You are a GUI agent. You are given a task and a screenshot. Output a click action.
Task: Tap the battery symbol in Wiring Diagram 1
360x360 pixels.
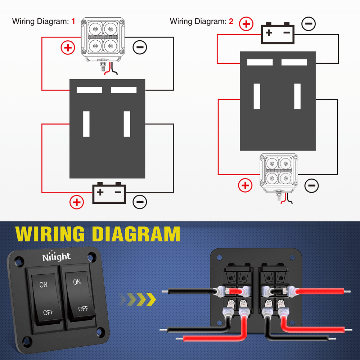[x=109, y=193]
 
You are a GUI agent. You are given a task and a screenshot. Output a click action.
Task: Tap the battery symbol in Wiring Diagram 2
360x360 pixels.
[x=277, y=33]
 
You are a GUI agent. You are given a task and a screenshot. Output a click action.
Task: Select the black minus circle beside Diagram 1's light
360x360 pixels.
[x=140, y=47]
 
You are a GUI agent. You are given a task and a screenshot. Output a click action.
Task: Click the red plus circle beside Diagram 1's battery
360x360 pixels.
[x=77, y=202]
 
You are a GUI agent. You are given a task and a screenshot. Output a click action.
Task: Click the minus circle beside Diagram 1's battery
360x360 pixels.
[x=140, y=202]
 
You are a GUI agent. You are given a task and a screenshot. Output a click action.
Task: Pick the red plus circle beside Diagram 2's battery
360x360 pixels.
[x=246, y=24]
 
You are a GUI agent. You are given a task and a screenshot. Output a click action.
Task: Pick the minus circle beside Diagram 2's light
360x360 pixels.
[x=312, y=186]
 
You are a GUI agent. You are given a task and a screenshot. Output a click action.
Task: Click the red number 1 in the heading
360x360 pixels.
[x=73, y=21]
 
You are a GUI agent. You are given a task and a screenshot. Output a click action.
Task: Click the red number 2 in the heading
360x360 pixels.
[x=231, y=21]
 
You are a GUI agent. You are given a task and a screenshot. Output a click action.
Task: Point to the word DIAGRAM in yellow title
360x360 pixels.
[x=136, y=234]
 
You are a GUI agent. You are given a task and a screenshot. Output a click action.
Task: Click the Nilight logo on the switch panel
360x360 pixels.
[x=57, y=256]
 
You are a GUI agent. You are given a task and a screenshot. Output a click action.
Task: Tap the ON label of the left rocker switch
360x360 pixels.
[x=43, y=285]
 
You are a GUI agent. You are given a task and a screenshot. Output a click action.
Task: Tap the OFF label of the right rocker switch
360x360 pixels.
[x=83, y=309]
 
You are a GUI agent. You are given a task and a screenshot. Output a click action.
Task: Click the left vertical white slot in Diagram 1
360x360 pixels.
[x=86, y=124]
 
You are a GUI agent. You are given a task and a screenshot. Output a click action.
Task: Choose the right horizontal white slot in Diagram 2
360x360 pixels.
[x=294, y=62]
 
